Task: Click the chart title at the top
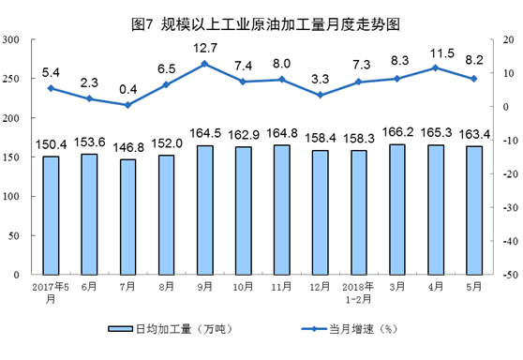[261, 15]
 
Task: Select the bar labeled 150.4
[52, 216]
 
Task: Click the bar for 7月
[128, 217]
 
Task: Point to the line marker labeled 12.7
[205, 64]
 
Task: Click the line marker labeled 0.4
[128, 105]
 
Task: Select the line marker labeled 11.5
[436, 67]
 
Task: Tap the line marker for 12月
[321, 95]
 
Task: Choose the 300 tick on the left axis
[13, 40]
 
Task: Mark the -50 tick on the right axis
[506, 276]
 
